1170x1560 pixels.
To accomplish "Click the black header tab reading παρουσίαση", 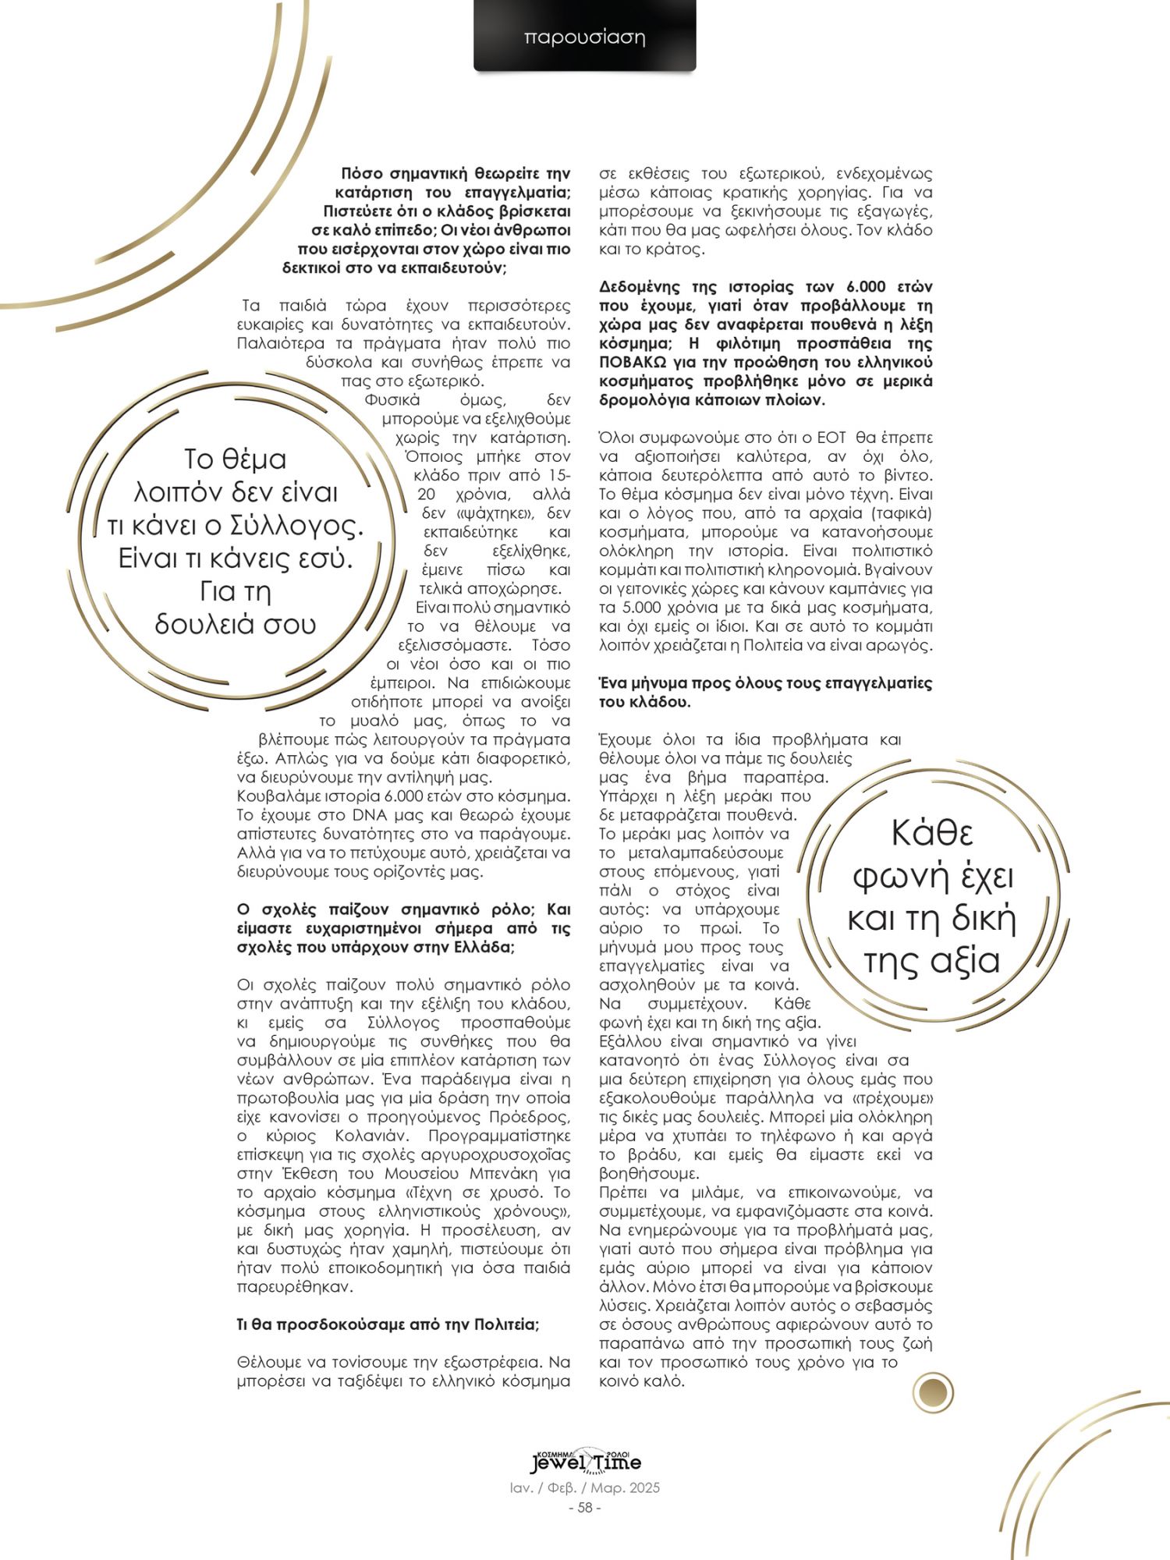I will click(x=584, y=37).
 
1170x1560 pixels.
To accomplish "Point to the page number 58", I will click(x=585, y=1507).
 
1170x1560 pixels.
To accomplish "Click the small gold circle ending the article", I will click(x=933, y=1392).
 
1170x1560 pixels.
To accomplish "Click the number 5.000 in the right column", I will click(x=627, y=608).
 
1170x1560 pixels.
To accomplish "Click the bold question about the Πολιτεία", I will click(x=388, y=1324).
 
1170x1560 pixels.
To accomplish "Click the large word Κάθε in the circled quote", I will click(x=932, y=833).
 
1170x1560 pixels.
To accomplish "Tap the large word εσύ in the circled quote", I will click(x=328, y=558).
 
